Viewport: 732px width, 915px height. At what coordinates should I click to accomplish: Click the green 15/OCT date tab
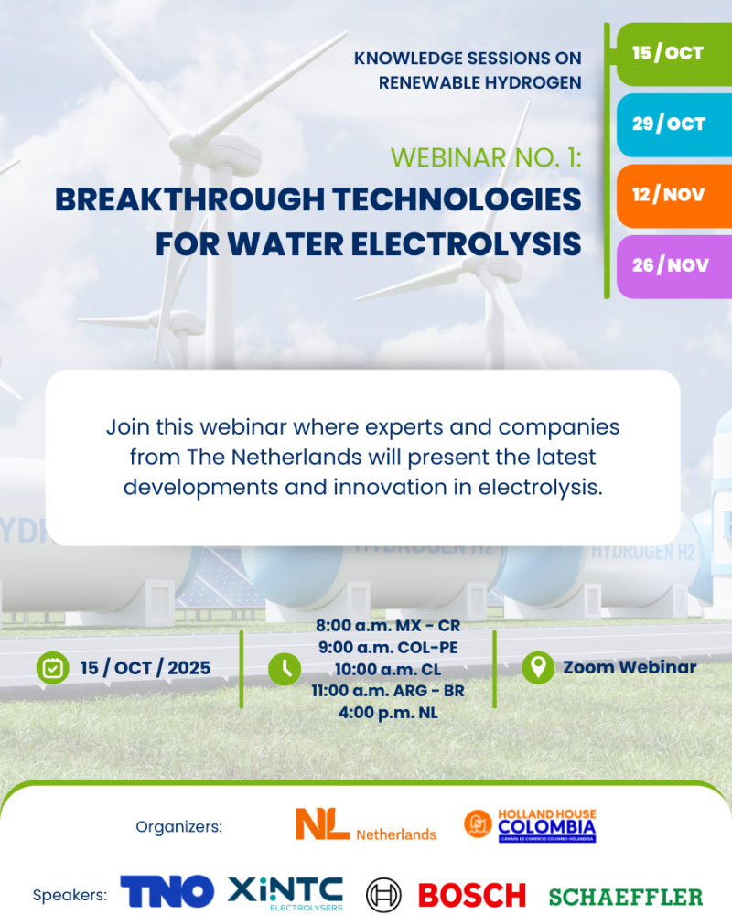pos(674,54)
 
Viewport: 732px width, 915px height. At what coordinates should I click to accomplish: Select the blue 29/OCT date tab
pos(674,124)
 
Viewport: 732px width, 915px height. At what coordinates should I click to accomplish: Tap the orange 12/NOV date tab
pos(674,196)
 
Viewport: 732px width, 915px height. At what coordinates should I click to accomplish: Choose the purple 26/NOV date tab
pos(674,266)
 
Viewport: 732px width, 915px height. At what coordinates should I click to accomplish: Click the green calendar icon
pos(52,668)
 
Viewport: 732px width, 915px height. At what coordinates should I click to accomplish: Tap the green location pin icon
pos(538,668)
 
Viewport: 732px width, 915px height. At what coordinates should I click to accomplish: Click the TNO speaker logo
pos(167,891)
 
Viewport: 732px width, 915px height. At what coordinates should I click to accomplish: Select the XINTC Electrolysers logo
pos(285,893)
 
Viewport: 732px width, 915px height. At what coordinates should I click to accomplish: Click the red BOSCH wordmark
pos(472,896)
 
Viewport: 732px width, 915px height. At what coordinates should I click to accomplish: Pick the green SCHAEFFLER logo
pos(626,897)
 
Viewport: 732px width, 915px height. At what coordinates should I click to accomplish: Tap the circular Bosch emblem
pos(383,895)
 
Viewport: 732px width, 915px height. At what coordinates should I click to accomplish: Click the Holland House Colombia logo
pos(530,825)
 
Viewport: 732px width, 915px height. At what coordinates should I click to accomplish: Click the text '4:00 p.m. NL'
pos(388,713)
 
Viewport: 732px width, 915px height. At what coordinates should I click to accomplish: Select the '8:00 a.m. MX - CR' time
pos(388,626)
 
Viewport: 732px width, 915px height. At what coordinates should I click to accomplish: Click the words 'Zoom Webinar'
pos(630,667)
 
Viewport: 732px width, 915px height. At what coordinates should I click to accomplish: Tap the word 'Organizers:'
pos(179,827)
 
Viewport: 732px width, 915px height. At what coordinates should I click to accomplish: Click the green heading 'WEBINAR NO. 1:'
pos(486,157)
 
